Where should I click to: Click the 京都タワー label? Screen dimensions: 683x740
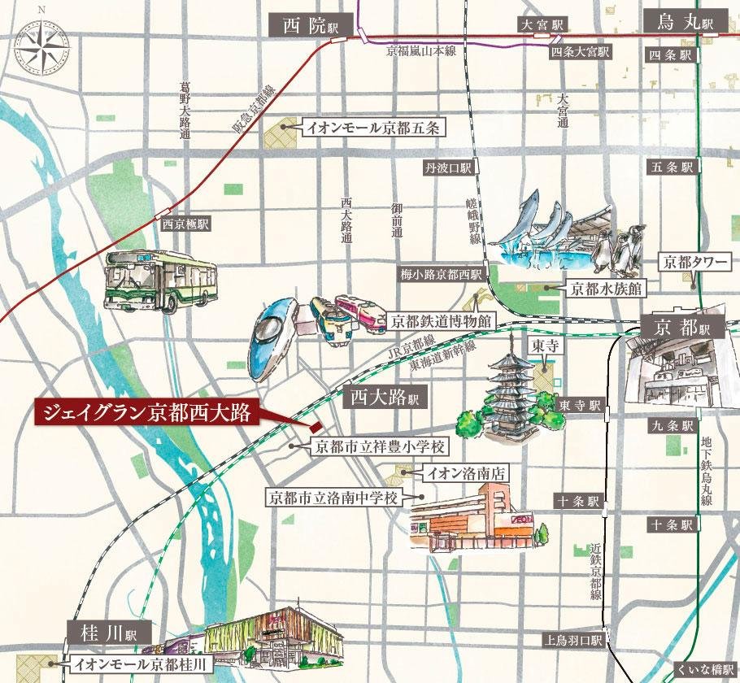point(694,263)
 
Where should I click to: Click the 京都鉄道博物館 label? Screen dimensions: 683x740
point(440,321)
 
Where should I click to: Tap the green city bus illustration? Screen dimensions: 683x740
point(159,281)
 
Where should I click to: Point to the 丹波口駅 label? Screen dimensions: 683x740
point(448,168)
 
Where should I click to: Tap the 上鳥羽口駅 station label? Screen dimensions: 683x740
point(573,640)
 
